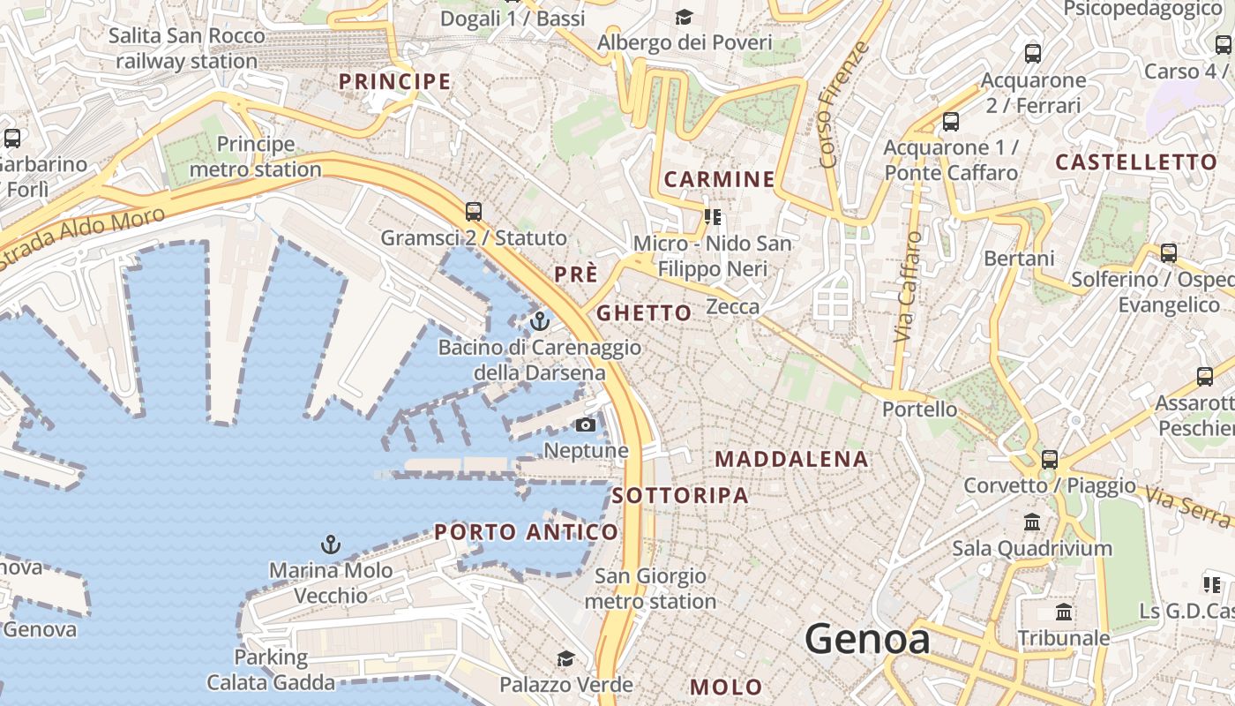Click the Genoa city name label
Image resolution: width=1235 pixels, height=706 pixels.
point(867,639)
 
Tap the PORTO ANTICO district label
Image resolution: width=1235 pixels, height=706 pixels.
point(526,532)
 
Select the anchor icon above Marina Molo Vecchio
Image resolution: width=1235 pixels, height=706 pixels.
point(331,544)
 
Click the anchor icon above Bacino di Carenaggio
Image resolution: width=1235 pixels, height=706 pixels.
point(540,320)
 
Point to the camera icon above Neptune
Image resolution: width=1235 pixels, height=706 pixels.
point(585,425)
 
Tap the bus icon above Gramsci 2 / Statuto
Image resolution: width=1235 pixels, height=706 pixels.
point(474,211)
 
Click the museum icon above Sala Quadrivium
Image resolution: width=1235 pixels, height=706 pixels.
point(1032,522)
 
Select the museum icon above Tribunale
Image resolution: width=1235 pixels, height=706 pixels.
point(1064,612)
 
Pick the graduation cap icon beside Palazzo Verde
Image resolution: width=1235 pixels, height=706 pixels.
point(565,658)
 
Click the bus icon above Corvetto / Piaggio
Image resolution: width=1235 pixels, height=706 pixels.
point(1049,459)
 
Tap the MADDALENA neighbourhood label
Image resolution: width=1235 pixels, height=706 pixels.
point(791,459)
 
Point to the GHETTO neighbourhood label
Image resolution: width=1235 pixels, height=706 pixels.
point(644,313)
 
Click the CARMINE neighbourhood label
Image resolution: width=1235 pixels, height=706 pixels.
point(719,179)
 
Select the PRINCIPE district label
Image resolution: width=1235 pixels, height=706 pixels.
point(395,82)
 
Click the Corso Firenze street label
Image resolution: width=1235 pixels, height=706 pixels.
point(844,104)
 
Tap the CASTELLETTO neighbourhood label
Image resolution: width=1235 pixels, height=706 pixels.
point(1136,162)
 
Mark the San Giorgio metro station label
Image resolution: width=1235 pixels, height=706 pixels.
point(650,589)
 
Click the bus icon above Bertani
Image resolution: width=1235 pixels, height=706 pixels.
point(1168,253)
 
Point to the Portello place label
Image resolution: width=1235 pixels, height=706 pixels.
point(919,409)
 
